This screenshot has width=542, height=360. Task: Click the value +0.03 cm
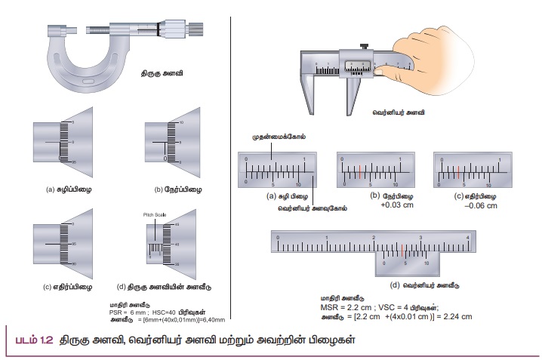372,205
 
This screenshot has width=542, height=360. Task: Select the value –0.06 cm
468,205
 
